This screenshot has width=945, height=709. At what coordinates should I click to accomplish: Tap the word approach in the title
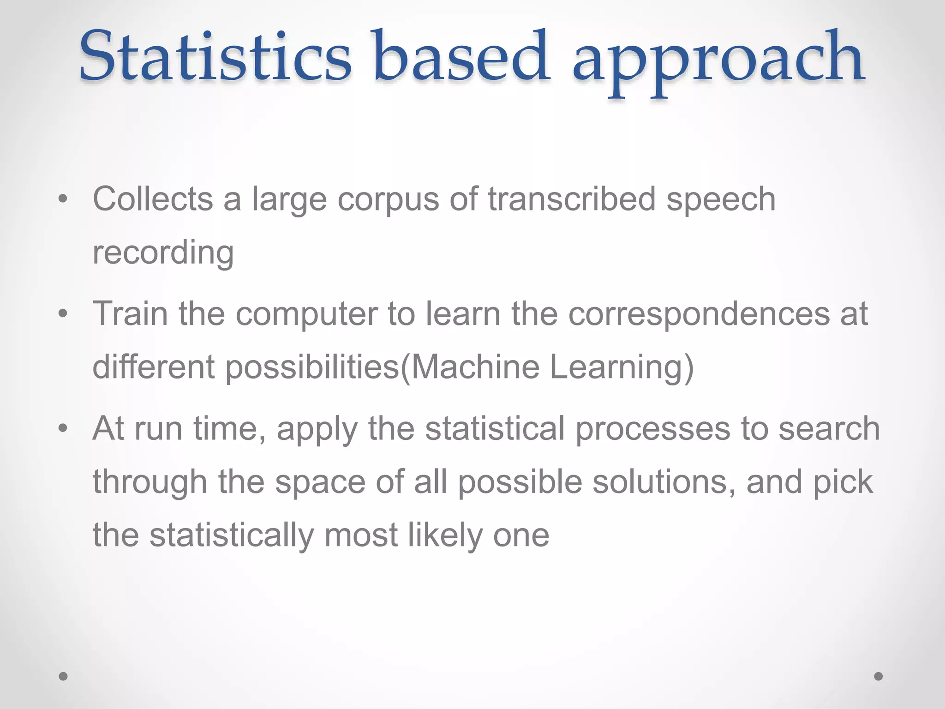718,62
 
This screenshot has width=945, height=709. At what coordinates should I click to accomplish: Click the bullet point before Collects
63,199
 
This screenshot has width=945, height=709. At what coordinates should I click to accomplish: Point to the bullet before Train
63,314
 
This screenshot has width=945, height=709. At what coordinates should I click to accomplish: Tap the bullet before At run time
63,428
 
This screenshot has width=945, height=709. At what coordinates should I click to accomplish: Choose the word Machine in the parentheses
475,367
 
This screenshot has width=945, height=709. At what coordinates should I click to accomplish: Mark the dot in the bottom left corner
63,676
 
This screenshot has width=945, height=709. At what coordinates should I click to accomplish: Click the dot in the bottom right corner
879,676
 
